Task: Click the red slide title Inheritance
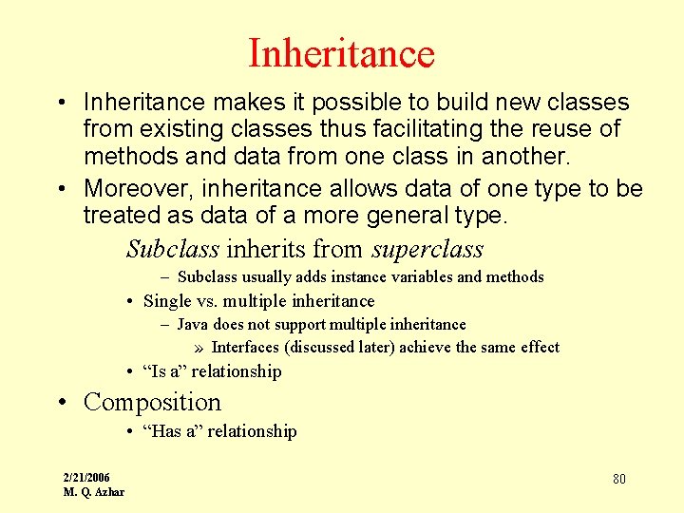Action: click(341, 53)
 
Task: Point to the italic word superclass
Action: click(427, 250)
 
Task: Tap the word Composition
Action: click(152, 402)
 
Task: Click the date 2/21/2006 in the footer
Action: click(86, 477)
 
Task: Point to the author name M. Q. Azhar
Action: click(94, 491)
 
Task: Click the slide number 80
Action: click(618, 479)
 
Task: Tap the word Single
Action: click(167, 301)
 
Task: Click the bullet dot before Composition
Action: click(63, 403)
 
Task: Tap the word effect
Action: click(537, 347)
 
